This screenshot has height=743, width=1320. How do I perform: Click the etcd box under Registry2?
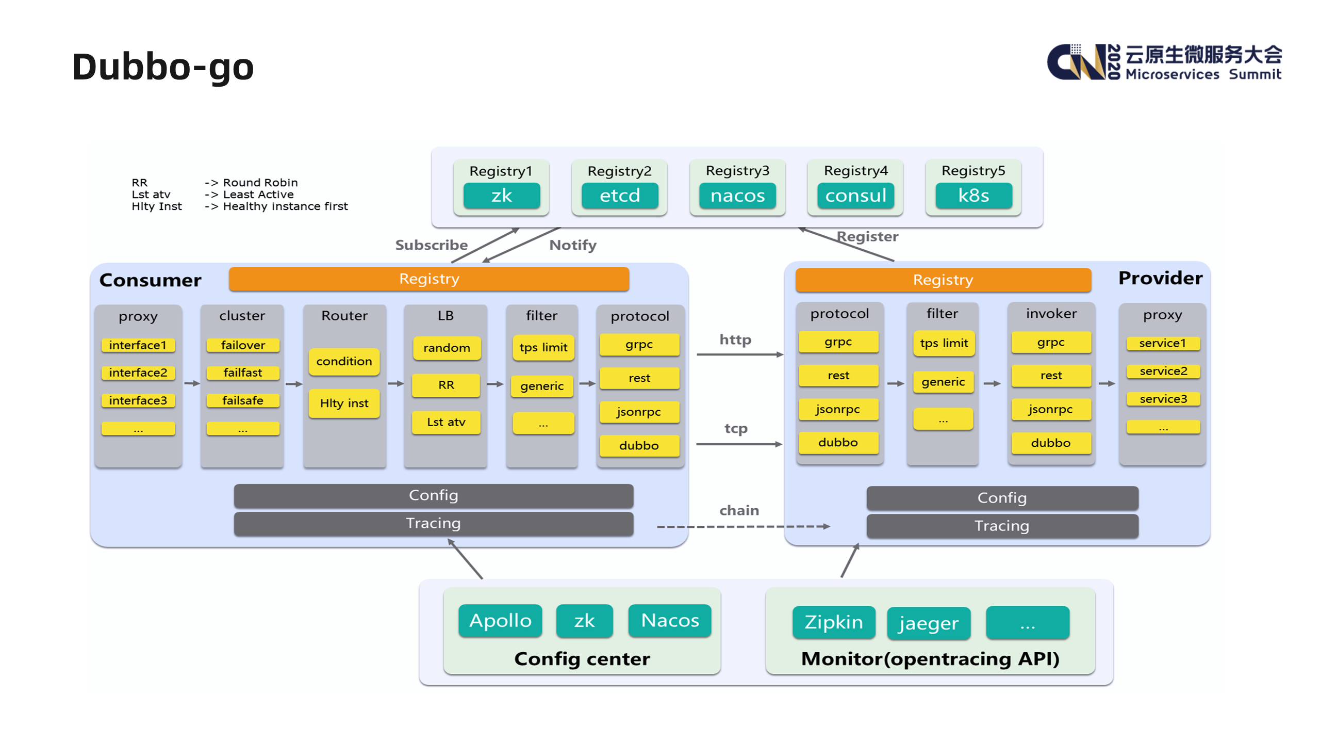619,196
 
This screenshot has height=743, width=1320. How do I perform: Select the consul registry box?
855,196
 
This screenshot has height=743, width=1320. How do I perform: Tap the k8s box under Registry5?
973,196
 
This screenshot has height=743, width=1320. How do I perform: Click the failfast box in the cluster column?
242,373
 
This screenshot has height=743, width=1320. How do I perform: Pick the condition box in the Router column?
344,361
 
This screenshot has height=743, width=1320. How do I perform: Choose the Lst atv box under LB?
446,422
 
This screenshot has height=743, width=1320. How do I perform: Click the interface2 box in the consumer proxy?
138,373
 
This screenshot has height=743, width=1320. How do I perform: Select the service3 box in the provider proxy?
1163,399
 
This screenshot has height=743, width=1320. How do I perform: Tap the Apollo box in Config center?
500,620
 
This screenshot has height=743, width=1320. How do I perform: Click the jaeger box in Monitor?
928,623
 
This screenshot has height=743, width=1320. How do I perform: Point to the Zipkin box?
833,622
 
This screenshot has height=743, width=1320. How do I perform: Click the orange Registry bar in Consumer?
428,279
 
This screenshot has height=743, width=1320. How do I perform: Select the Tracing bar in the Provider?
1001,526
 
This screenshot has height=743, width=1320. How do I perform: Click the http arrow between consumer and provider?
739,354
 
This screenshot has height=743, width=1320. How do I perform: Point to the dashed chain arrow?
742,526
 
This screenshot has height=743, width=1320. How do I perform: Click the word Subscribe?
431,245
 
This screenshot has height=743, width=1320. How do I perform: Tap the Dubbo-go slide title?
163,67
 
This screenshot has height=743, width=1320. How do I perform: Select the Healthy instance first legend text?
285,206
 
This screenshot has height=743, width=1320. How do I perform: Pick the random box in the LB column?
446,348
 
